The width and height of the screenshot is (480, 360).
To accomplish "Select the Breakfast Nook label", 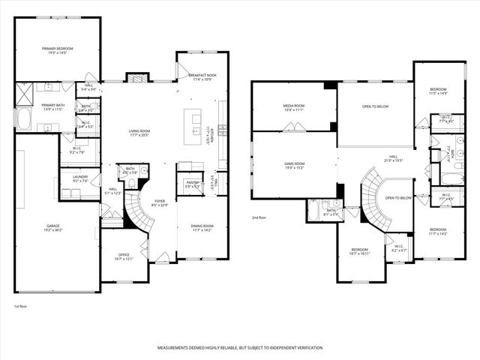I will [202, 76].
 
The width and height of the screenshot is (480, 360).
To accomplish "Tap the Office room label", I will [123, 256].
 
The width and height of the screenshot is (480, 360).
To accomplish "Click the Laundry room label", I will [79, 178].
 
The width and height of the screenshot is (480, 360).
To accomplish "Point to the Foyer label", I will [160, 202].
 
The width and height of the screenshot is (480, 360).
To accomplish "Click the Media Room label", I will [294, 107].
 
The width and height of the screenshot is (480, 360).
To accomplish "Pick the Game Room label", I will [294, 165].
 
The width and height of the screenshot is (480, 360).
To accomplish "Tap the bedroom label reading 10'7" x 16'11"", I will [360, 251].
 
